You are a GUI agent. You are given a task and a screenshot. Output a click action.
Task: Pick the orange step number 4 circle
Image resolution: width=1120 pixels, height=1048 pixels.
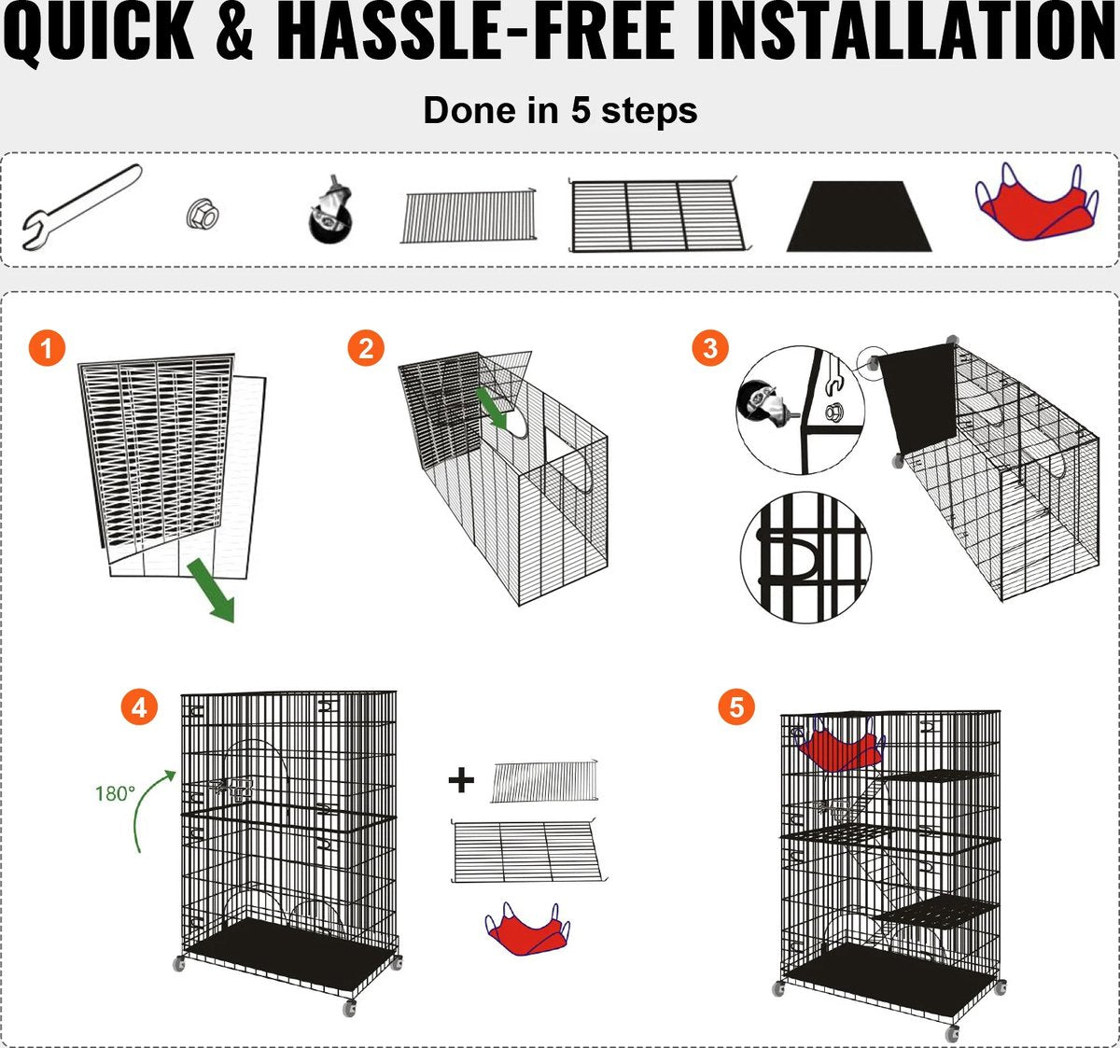point(139,707)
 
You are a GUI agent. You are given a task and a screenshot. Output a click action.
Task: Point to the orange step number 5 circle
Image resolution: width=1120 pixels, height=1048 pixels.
point(736,706)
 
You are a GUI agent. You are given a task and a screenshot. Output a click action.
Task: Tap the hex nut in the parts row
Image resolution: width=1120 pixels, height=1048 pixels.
point(203,215)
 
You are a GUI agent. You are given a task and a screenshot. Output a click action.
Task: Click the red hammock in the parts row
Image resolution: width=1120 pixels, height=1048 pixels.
point(1037,203)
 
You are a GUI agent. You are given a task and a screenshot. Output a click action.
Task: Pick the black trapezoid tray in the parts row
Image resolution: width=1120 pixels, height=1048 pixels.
point(859,217)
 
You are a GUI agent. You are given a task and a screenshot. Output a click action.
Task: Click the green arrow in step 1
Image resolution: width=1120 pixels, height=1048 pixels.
point(211,591)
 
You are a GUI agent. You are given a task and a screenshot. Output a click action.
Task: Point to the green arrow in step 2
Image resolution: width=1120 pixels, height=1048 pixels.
point(492,407)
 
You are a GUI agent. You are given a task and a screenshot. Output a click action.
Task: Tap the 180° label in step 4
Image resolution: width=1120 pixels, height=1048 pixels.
point(115,794)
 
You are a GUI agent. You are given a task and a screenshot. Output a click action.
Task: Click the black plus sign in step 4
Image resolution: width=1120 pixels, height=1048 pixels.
point(461,781)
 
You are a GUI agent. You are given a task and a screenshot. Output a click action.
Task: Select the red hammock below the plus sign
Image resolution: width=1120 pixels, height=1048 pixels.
point(527,929)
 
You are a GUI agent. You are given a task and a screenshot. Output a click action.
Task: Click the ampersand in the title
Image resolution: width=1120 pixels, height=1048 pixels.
point(234,32)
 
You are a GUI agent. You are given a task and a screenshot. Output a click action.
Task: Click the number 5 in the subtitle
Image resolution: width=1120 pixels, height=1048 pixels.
point(580,110)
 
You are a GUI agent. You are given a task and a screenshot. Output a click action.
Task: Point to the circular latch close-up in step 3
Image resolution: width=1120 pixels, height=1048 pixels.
point(805,557)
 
